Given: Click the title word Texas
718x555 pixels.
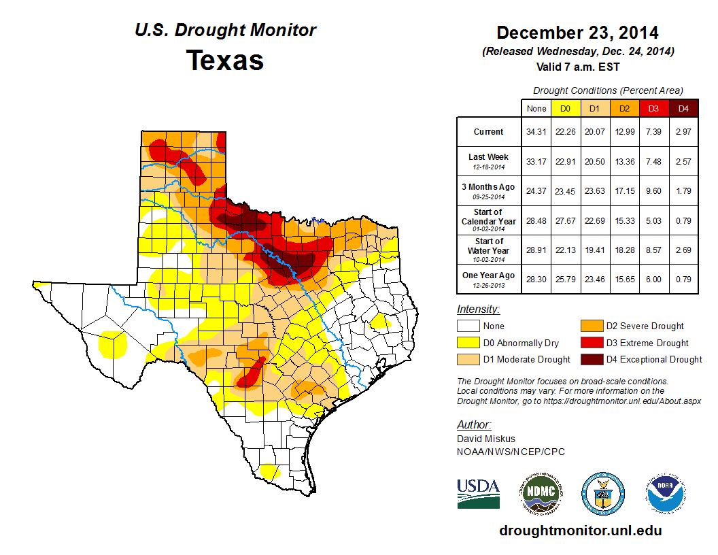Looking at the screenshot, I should (225, 60).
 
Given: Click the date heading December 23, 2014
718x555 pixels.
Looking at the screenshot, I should (577, 33).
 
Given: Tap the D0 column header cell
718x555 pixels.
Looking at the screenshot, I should (564, 108).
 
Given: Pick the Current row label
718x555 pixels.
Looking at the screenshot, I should (489, 131).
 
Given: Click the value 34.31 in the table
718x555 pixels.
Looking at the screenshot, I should (536, 131).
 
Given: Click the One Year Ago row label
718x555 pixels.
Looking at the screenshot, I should (489, 275).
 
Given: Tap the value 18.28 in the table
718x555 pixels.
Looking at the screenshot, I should (624, 250).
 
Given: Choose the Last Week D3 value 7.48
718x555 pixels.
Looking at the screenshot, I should (653, 161).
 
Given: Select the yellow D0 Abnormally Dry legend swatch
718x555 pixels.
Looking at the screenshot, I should (468, 343).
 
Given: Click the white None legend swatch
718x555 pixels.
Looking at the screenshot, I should (468, 326).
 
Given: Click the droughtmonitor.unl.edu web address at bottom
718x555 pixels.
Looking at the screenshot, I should (580, 531).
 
